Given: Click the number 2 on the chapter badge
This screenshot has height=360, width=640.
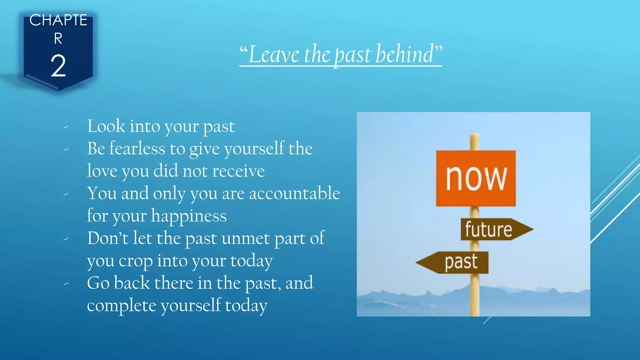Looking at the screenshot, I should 58,66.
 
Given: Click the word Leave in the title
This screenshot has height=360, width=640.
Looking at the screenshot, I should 274,54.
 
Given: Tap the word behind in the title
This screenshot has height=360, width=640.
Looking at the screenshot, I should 405,54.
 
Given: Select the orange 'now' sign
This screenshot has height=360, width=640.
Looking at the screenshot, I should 476,178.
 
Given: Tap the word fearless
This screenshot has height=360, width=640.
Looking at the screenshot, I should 137,148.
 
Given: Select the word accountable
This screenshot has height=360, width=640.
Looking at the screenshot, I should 294,193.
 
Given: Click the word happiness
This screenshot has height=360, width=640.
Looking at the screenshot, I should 189,216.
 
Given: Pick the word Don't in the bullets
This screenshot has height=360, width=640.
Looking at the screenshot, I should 107,238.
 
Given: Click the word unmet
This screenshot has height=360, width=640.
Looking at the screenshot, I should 246,238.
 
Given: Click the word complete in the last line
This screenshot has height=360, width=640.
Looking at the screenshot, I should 121,306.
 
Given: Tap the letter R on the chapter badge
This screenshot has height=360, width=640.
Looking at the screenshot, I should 58,39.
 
